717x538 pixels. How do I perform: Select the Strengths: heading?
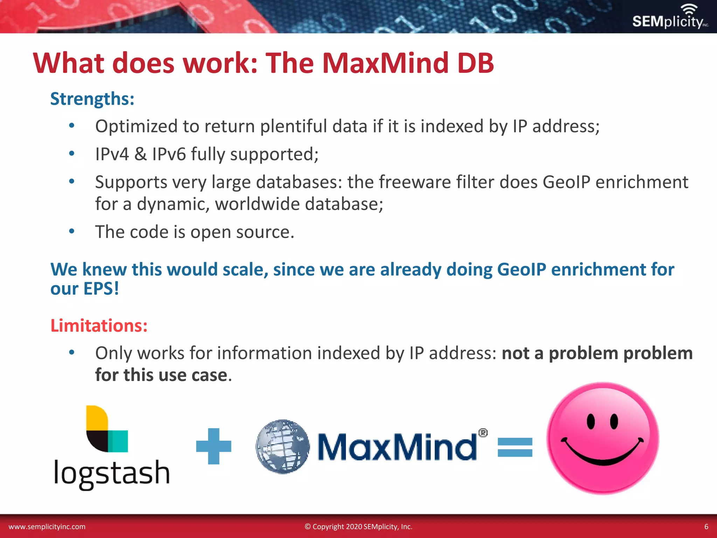92,99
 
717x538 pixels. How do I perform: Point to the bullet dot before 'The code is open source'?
72,231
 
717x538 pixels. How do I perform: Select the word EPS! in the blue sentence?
101,289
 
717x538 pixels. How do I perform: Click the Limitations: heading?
99,326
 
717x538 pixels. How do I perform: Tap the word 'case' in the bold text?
209,375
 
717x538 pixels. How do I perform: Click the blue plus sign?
214,446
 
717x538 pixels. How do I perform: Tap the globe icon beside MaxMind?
283,446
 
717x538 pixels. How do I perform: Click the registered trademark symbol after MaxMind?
483,433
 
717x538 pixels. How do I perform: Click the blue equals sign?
515,447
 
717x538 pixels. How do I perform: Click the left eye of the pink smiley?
591,421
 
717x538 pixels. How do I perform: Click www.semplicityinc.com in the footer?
47,527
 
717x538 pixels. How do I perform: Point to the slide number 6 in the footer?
706,527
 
